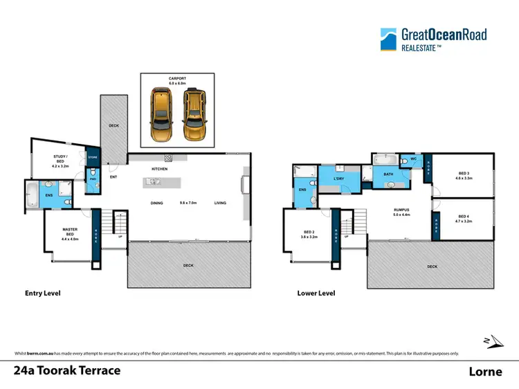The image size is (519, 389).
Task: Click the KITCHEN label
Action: tap(160, 169)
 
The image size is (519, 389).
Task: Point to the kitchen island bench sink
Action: tap(154, 183)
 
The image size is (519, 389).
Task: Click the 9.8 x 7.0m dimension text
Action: tap(188, 203)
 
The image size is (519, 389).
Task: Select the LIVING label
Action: tap(220, 203)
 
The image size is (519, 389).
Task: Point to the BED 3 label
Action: tap(463, 176)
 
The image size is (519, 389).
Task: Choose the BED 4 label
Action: tap(463, 219)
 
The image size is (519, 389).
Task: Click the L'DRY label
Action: tap(339, 180)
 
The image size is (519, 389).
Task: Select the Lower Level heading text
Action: tap(316, 293)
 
